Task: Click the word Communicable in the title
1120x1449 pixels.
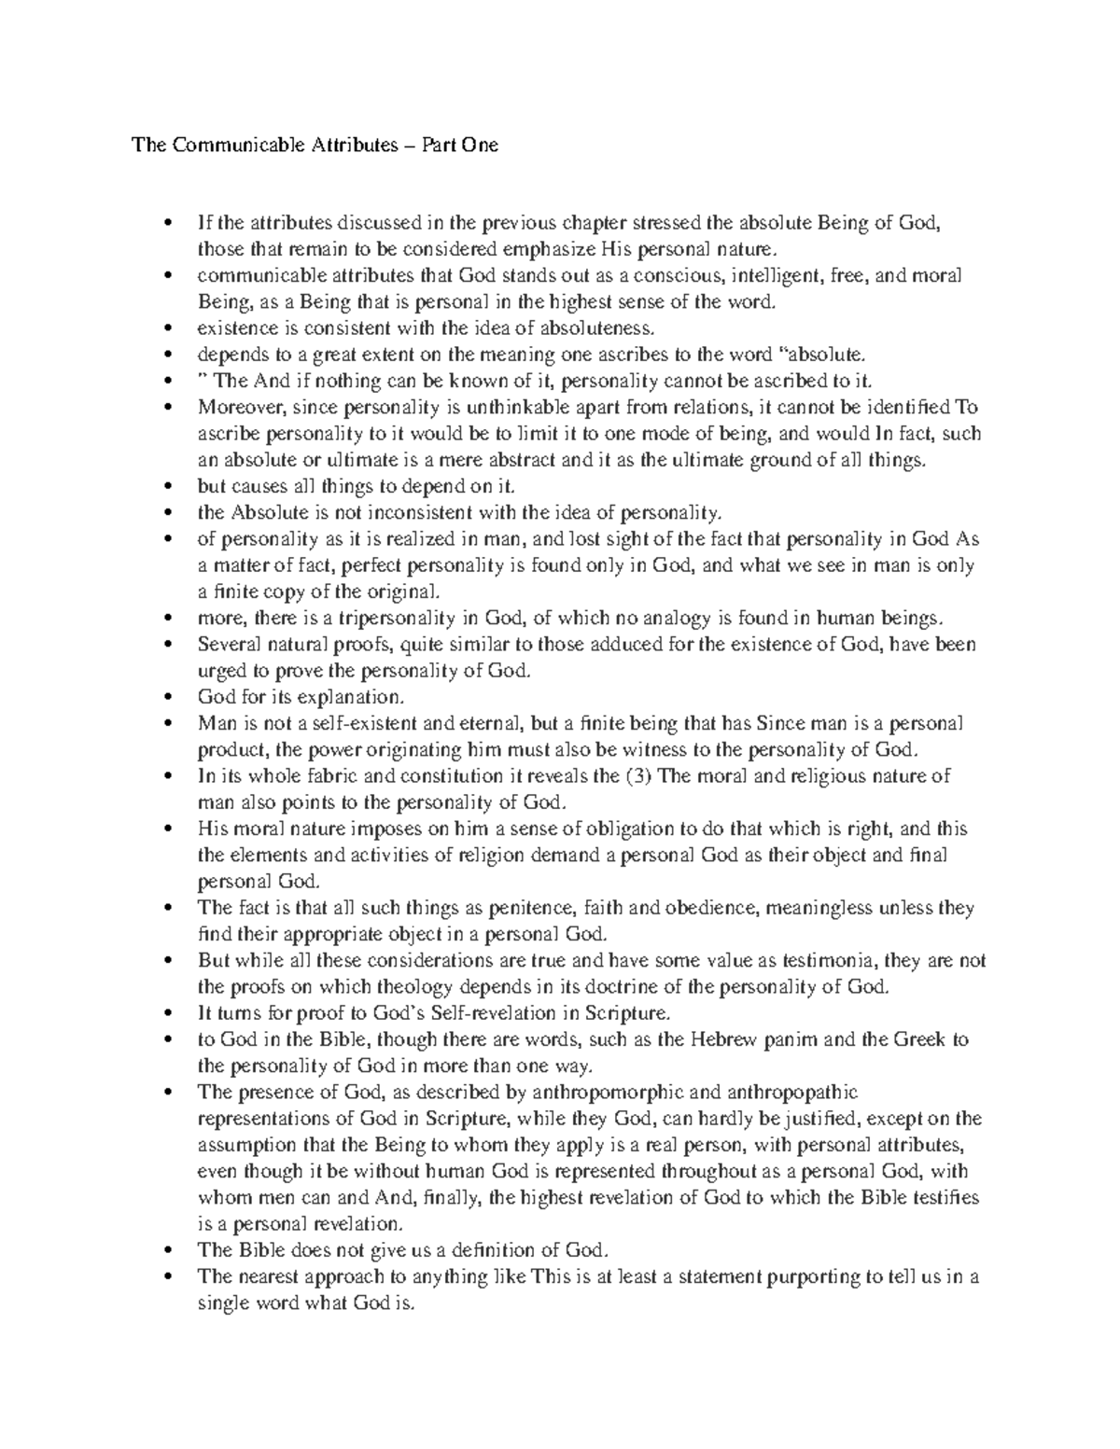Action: coord(216,145)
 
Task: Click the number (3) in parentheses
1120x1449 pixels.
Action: coord(638,776)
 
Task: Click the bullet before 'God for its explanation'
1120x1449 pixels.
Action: coord(168,697)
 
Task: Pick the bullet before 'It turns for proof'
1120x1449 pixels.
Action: coord(168,1013)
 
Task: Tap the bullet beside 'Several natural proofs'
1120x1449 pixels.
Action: coord(168,645)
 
